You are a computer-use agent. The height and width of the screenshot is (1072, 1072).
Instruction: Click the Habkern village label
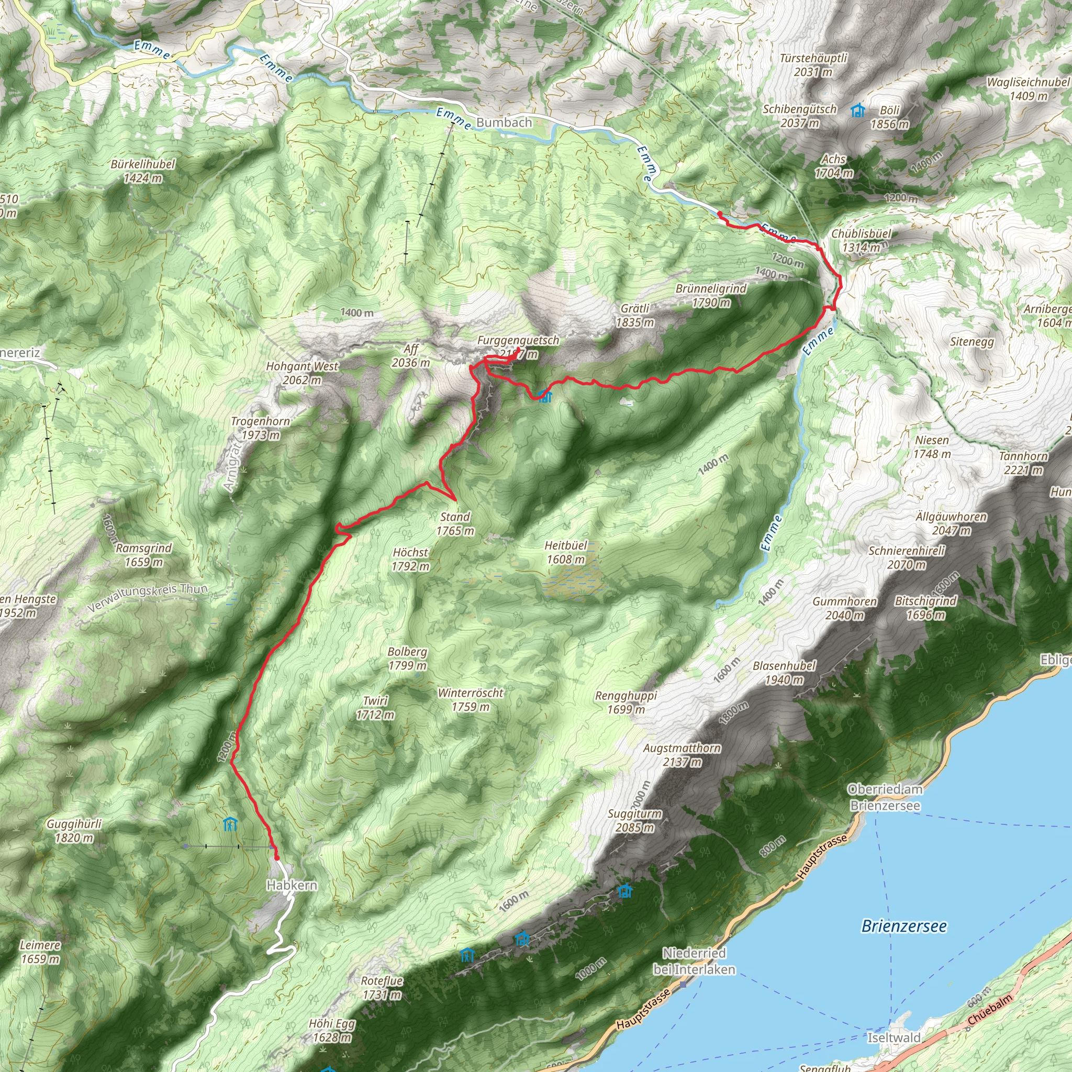292,885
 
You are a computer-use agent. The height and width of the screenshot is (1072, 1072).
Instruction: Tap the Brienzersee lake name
904,926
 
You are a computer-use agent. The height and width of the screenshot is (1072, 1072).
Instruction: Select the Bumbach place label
504,122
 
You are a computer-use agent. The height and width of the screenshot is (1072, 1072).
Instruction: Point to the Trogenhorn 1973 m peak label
260,428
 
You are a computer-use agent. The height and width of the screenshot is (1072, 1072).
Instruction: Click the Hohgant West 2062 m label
302,373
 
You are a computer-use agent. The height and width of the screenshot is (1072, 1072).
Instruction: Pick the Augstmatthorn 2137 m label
682,755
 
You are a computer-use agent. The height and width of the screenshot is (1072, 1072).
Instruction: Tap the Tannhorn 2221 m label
1023,463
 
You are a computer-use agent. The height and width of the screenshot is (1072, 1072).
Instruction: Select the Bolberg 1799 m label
407,658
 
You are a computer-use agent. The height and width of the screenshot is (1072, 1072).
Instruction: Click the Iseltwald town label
894,1037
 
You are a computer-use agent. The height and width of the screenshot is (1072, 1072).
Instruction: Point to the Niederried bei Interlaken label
694,961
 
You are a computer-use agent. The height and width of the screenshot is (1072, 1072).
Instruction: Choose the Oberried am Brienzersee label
885,797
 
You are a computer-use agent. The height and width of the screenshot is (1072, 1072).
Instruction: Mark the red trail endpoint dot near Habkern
277,857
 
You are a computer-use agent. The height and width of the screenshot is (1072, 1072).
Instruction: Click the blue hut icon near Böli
858,110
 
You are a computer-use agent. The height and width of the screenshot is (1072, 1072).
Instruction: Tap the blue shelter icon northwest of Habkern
230,824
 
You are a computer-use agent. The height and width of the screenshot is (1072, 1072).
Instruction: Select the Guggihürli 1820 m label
74,831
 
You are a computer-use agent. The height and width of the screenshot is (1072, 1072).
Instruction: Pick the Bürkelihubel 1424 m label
142,171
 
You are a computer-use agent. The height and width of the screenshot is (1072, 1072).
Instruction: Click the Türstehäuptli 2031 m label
813,65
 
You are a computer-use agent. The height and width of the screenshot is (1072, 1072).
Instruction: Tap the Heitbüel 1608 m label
565,552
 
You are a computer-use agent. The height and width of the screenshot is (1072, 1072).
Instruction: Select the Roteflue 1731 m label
382,988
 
